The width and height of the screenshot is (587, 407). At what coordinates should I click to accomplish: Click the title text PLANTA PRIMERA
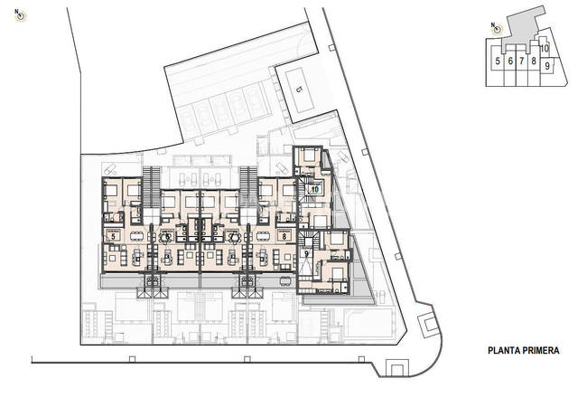[525, 350]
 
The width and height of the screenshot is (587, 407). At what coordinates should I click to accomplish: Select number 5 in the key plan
[498, 62]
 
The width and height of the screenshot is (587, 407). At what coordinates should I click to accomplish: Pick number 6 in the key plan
[511, 62]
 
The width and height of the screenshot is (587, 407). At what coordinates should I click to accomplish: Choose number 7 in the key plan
[522, 62]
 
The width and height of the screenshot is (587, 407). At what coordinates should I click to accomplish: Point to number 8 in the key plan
[534, 62]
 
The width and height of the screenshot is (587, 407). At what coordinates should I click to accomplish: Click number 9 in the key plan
[547, 65]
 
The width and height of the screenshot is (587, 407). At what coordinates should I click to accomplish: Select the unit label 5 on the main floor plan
[113, 236]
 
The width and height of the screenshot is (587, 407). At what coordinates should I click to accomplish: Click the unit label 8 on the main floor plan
[284, 236]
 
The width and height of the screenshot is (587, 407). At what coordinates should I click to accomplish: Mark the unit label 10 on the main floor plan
[315, 189]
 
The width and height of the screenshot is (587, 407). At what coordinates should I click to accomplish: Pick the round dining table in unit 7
[231, 237]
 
